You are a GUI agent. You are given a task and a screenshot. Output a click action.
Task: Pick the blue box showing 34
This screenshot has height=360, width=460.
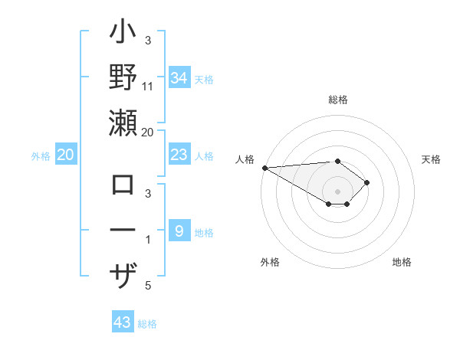179,77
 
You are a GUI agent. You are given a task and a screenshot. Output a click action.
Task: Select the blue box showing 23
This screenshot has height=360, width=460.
179,155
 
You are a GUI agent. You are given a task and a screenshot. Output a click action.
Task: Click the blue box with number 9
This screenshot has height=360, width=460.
179,231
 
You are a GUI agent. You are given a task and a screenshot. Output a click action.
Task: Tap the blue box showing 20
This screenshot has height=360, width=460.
65,155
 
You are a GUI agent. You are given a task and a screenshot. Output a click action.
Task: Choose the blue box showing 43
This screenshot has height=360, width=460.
123,322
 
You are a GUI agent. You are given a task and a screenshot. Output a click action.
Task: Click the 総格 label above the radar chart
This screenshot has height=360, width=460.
338,100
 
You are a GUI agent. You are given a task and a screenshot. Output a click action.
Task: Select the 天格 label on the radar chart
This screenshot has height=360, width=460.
432,159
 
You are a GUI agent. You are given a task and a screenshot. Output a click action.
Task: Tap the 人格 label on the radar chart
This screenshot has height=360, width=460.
244,159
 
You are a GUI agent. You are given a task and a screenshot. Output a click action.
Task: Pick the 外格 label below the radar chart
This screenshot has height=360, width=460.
270,262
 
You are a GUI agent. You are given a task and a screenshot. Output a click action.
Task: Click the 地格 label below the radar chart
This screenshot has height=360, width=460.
402,262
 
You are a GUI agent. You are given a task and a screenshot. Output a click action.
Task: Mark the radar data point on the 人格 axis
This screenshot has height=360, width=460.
264,167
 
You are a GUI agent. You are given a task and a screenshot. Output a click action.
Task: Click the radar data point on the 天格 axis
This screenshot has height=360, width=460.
368,182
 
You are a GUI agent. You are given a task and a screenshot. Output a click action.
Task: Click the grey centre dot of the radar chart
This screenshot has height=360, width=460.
338,191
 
